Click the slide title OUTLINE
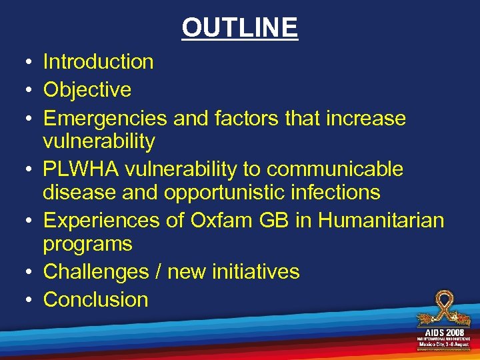click(x=240, y=27)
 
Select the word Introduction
click(x=98, y=62)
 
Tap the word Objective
click(x=87, y=90)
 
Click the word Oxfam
click(x=227, y=221)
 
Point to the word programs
click(x=87, y=244)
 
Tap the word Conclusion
click(x=95, y=300)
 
